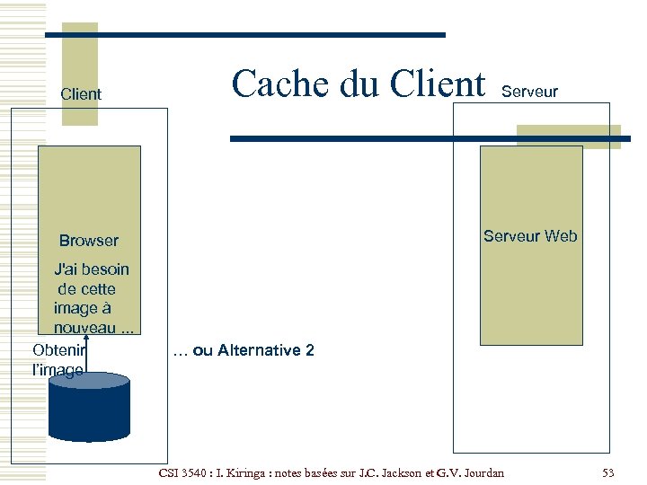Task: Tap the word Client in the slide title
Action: (x=438, y=84)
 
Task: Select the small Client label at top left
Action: (x=81, y=94)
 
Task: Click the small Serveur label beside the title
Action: (x=529, y=92)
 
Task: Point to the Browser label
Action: (x=88, y=241)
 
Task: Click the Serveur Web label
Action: (x=530, y=236)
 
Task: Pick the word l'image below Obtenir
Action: (x=58, y=369)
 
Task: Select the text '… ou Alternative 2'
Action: (x=243, y=350)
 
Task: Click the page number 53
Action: (x=608, y=472)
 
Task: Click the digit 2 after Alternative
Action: (x=310, y=350)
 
